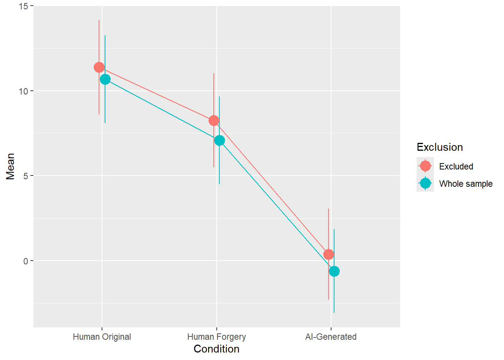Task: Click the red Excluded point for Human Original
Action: click(99, 67)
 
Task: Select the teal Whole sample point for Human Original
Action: click(105, 79)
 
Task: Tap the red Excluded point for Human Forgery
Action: click(214, 120)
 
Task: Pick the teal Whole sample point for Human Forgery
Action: click(219, 140)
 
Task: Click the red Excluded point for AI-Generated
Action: click(328, 254)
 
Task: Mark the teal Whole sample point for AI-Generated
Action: click(334, 271)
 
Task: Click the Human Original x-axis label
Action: click(102, 337)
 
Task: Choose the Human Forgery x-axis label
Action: click(216, 337)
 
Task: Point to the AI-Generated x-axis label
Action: click(331, 337)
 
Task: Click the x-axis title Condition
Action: click(216, 349)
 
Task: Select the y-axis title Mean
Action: click(10, 166)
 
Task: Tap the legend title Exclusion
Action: click(439, 147)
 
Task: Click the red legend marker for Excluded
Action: click(425, 166)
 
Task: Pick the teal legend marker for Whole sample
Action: click(425, 183)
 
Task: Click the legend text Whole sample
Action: click(466, 184)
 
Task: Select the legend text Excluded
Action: click(456, 166)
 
